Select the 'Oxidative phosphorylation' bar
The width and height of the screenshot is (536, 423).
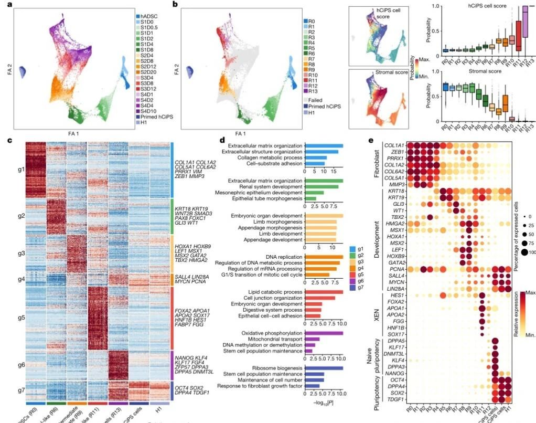(324, 333)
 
